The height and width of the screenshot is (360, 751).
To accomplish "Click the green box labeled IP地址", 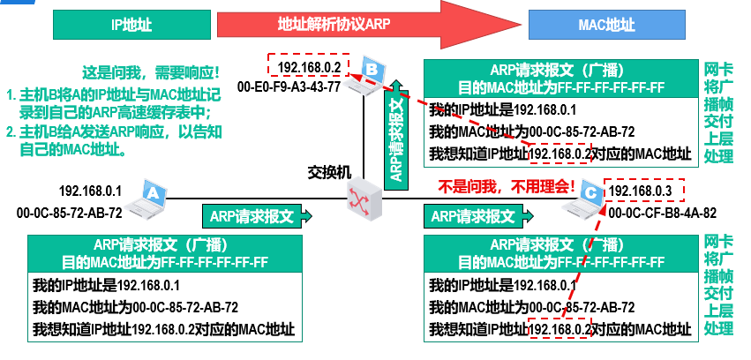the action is [131, 25].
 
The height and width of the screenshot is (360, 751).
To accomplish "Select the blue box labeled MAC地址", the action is [606, 25].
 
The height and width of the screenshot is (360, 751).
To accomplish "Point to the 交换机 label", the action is [329, 169].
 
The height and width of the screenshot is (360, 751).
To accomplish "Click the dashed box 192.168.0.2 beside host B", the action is [308, 67].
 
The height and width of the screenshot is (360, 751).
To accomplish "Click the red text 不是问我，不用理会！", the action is [507, 187].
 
